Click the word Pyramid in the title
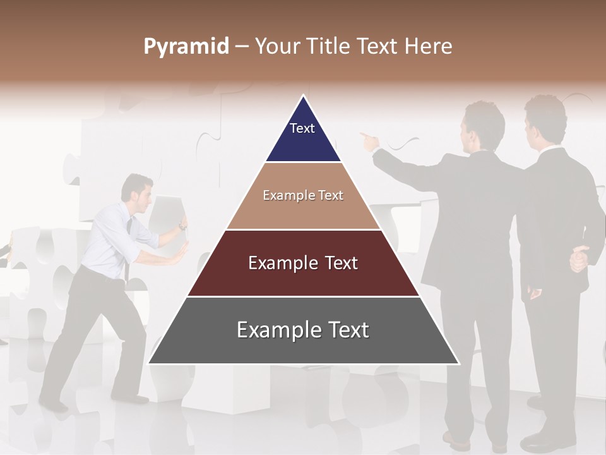pos(186,47)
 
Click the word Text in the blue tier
pos(302,128)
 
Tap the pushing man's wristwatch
pos(182,226)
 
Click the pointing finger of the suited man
pos(363,135)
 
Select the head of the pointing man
pos(483,123)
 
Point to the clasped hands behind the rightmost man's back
pos(579,259)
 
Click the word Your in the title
pos(276,46)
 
